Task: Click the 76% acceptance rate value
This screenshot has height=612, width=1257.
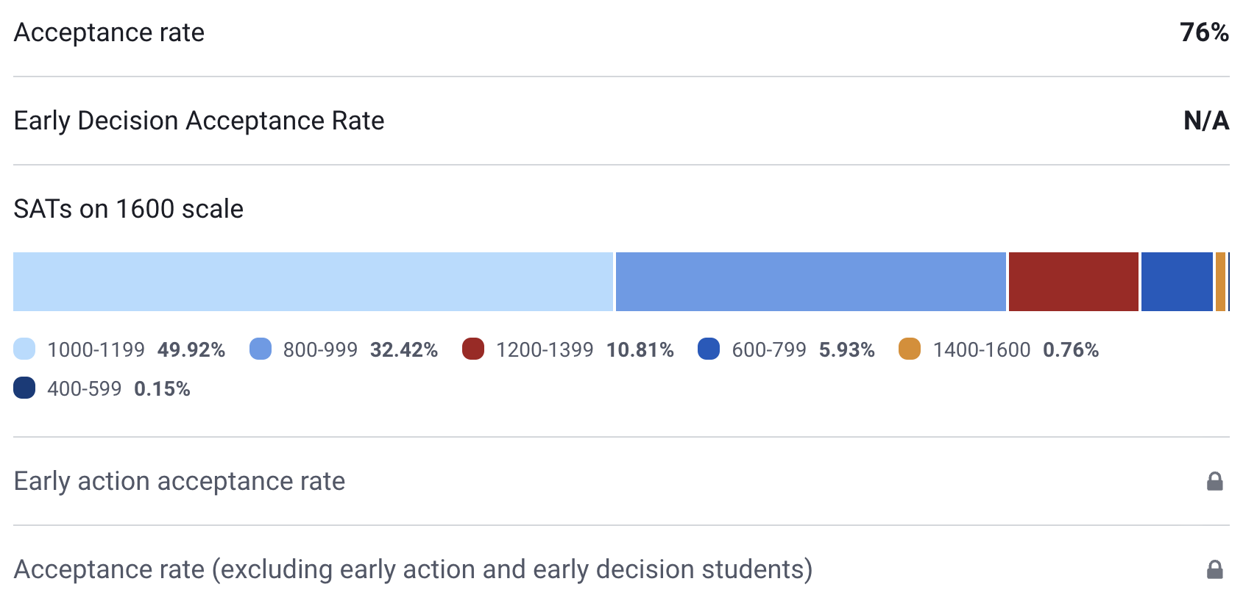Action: [x=1203, y=32]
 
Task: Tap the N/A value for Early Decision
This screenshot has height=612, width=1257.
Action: [x=1205, y=121]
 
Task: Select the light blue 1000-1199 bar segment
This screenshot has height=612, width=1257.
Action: [x=313, y=282]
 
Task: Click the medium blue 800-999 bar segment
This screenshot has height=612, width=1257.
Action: [x=810, y=282]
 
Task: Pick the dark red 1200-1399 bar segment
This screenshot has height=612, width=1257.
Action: [x=1073, y=282]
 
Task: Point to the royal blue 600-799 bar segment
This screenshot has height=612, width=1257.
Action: [x=1176, y=282]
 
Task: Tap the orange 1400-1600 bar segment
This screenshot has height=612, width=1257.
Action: [x=1220, y=282]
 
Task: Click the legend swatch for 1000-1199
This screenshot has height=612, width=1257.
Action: [x=24, y=349]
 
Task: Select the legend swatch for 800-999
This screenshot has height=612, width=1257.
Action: [x=261, y=349]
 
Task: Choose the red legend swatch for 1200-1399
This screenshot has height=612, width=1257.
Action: [x=473, y=349]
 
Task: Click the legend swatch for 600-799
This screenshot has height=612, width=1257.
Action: [x=709, y=349]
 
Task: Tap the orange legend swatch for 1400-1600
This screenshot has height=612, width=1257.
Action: [x=910, y=349]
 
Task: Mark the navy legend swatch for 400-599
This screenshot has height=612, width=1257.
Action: [x=24, y=388]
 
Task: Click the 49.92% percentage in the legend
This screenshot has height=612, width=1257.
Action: [x=191, y=349]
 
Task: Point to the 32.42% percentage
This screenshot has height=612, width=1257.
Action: [x=404, y=349]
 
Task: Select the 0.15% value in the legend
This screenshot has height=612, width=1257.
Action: [x=162, y=388]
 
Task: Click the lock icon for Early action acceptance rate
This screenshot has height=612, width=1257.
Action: [x=1214, y=481]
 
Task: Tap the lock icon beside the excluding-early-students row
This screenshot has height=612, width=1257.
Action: [x=1214, y=569]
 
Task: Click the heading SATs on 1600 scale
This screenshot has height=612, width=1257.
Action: [x=129, y=209]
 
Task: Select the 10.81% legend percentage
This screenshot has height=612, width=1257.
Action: [x=640, y=349]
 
